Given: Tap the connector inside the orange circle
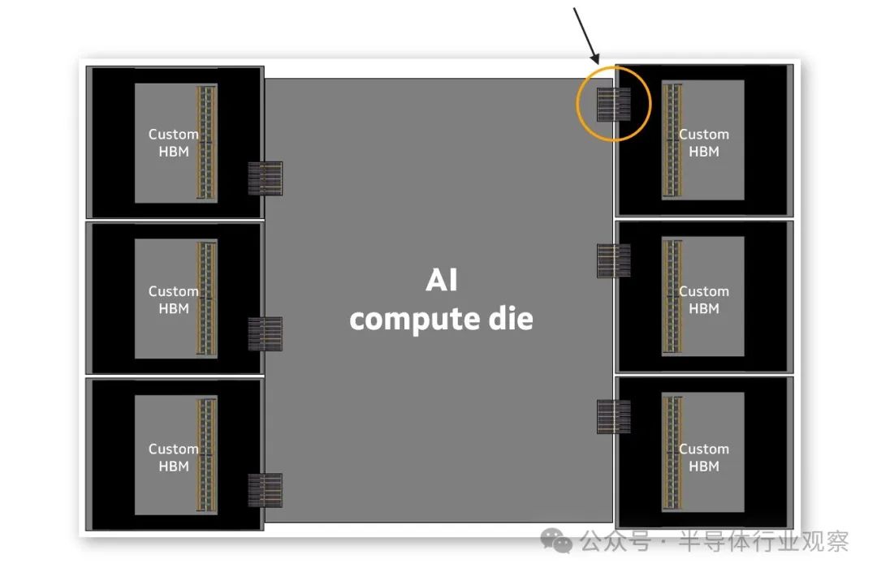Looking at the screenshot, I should click(x=613, y=104).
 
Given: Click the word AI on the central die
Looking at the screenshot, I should click(x=442, y=281).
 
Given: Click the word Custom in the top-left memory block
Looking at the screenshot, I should click(x=173, y=134).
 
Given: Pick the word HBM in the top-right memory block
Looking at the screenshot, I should click(x=704, y=151).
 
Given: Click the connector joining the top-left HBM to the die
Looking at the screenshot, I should click(x=265, y=178).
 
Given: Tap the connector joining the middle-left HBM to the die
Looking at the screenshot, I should click(x=265, y=333).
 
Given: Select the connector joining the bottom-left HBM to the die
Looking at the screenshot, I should click(x=265, y=490).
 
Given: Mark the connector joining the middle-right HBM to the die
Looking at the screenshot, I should click(x=613, y=260).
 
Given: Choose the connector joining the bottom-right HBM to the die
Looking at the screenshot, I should click(x=613, y=416).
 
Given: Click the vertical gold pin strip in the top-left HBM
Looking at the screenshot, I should click(x=206, y=142).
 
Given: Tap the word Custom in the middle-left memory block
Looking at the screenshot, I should click(x=173, y=291).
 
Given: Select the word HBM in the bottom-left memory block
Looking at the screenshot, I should click(x=174, y=466).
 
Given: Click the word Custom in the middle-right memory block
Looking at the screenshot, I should click(x=704, y=291).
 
